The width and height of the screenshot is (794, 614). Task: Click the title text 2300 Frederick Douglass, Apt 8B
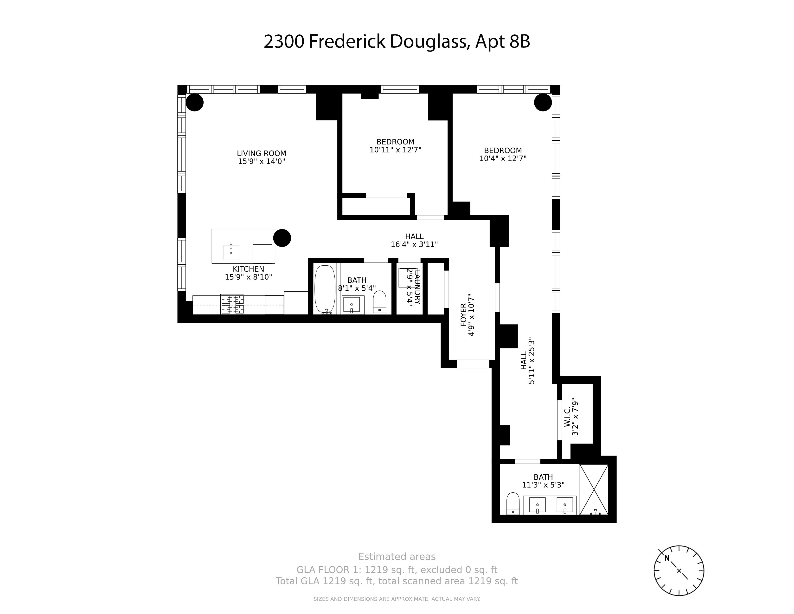(x=397, y=41)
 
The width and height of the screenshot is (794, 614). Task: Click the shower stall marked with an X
(x=594, y=489)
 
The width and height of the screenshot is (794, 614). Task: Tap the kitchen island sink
(x=231, y=252)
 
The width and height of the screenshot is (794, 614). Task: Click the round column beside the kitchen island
(x=282, y=238)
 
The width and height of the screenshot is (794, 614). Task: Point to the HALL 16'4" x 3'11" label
(x=414, y=241)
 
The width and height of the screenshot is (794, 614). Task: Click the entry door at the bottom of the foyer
(x=473, y=364)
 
